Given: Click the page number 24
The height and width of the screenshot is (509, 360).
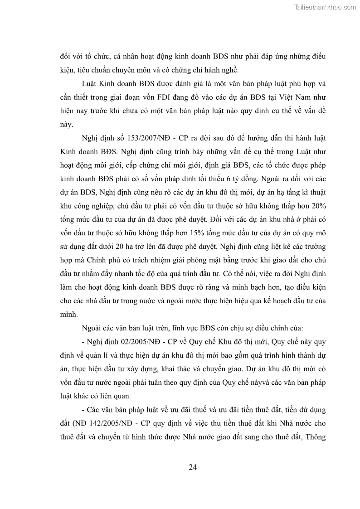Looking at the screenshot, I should (193, 467).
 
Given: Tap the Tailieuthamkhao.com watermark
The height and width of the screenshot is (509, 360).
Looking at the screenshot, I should (325, 7).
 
